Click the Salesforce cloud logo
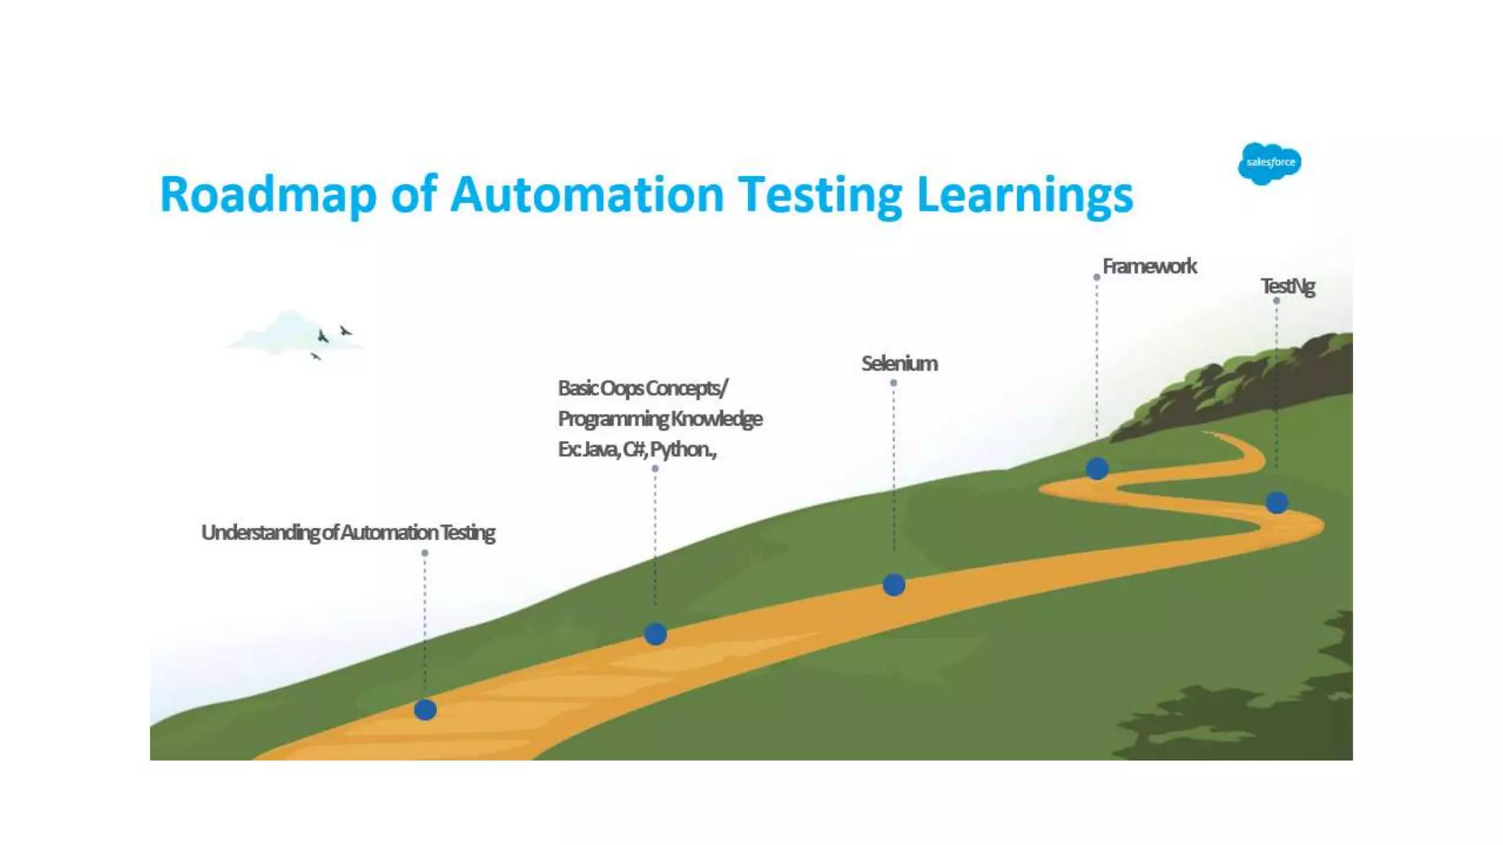[1269, 163]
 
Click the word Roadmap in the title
[268, 195]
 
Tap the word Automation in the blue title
[587, 195]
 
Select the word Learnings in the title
[1025, 195]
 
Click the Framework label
[1149, 266]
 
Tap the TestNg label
[1287, 286]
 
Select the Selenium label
[899, 364]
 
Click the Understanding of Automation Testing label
[348, 533]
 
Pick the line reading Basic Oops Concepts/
[643, 388]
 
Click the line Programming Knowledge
[660, 419]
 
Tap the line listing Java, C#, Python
[637, 449]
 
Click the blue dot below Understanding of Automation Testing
[425, 710]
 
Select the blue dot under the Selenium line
[893, 585]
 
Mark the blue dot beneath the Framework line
[1097, 468]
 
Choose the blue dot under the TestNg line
[1277, 502]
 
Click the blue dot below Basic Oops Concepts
[655, 634]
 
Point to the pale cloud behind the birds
[283, 334]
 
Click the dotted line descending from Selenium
[893, 477]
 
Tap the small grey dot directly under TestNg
[1276, 301]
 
